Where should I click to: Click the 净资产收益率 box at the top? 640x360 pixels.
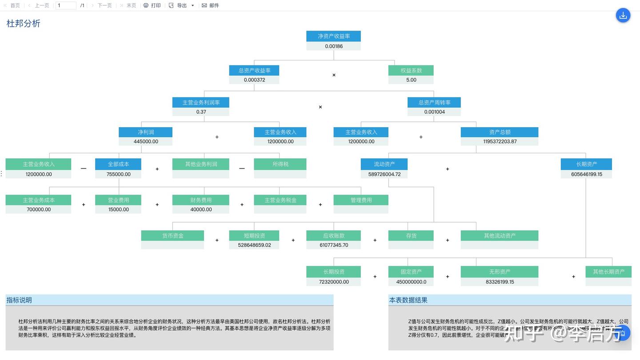[x=333, y=36]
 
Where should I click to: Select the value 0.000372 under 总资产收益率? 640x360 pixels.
[x=254, y=80]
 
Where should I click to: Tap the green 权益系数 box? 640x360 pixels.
[x=411, y=70]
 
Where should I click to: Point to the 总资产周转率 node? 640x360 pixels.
[x=434, y=102]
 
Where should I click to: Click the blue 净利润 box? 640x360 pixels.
[x=145, y=132]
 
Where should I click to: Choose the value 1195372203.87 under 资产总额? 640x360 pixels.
[x=500, y=141]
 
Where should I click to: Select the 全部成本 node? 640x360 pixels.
[x=118, y=164]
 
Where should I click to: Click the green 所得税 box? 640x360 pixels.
[x=280, y=164]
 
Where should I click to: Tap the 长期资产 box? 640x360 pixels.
[x=586, y=164]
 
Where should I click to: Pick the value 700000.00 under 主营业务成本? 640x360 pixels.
[x=39, y=209]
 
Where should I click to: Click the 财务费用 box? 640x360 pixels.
[x=201, y=200]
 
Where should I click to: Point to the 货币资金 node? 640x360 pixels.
[x=172, y=236]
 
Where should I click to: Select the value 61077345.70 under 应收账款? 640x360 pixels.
[x=333, y=245]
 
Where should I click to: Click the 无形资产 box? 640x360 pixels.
[x=500, y=272]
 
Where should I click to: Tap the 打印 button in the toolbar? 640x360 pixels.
[x=152, y=5]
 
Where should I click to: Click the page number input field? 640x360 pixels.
[x=66, y=5]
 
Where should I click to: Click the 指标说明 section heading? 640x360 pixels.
[x=19, y=300]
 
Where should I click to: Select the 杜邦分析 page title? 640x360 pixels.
[x=23, y=24]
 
